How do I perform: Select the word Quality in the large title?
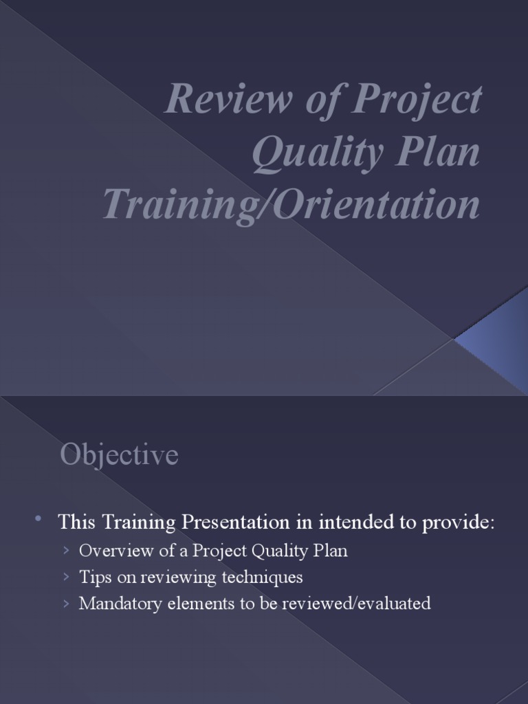pos(313,153)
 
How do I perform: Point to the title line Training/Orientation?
pos(291,205)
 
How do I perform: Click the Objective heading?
pos(119,455)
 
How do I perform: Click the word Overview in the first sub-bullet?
pos(112,551)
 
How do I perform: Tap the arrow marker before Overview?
pos(65,551)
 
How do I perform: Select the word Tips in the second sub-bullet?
pos(92,577)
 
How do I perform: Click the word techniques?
pos(262,577)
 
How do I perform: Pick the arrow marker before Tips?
pos(65,577)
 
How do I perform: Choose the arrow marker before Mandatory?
pos(65,604)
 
